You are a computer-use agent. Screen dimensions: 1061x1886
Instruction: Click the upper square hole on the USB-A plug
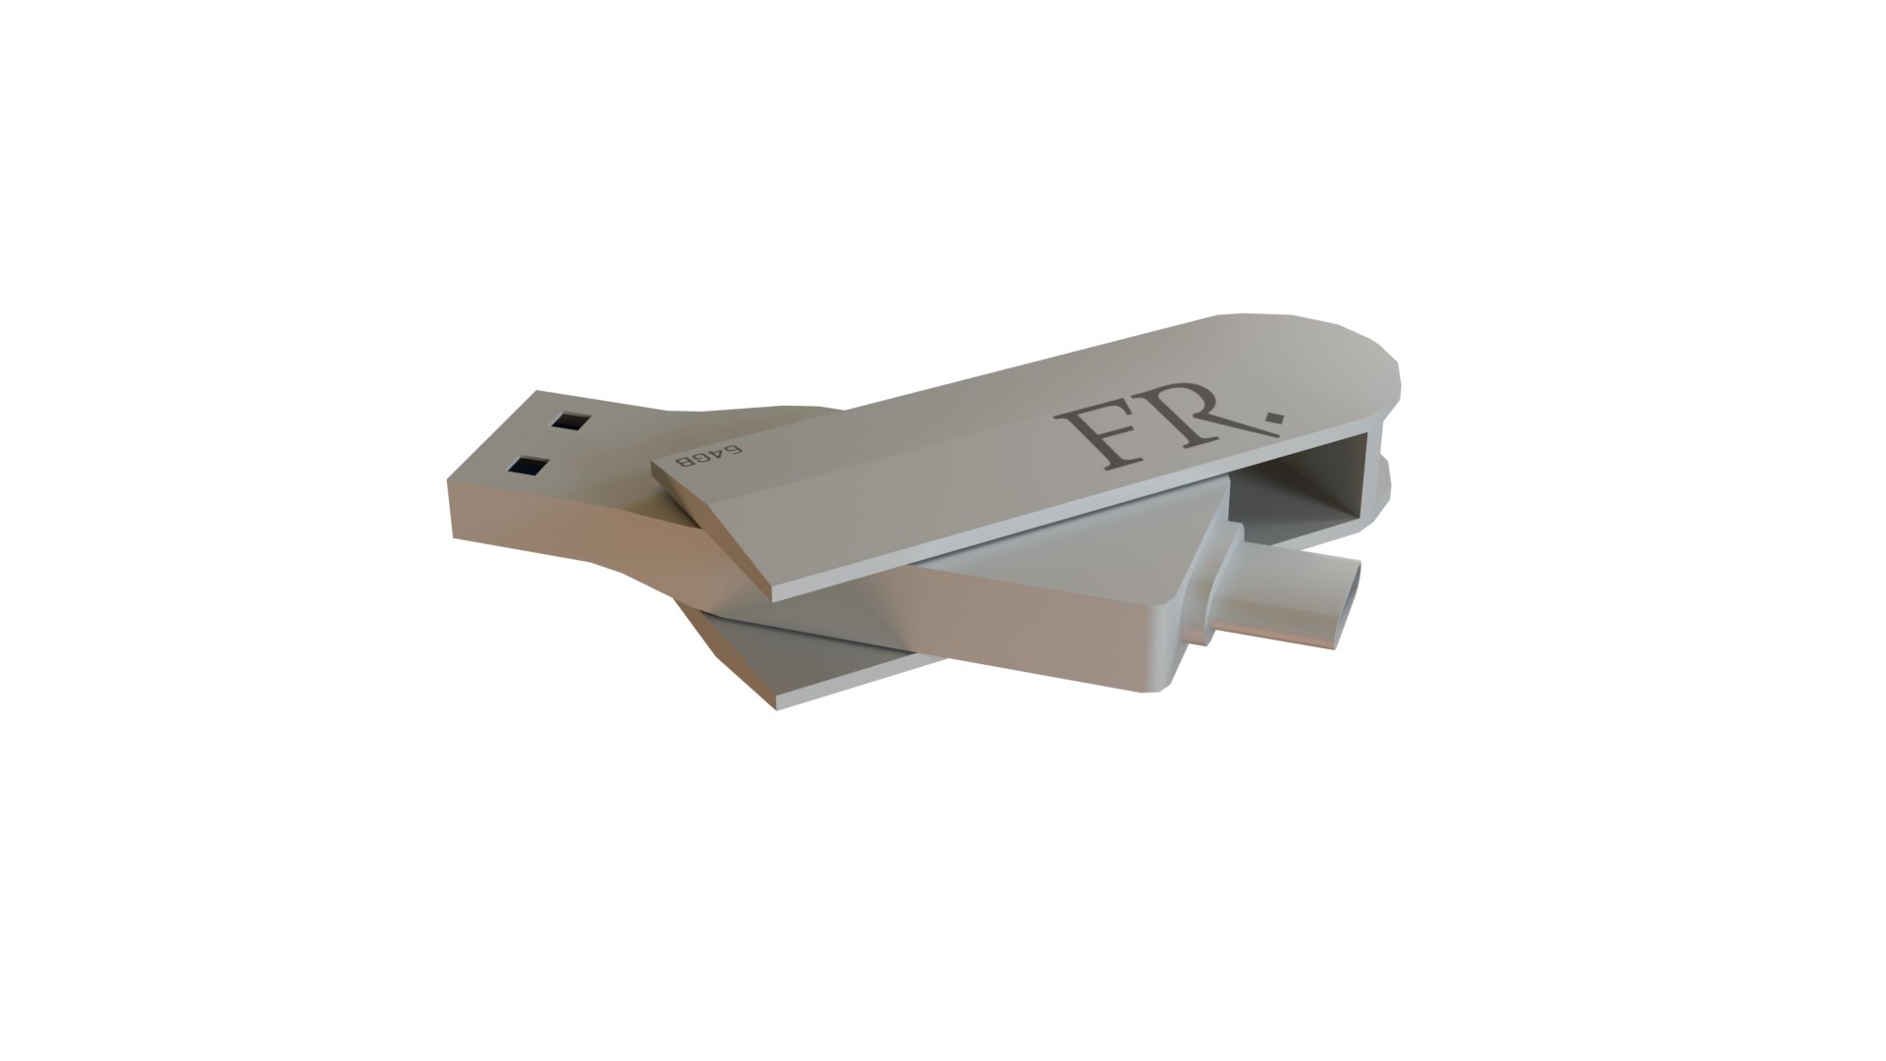pos(569,421)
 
